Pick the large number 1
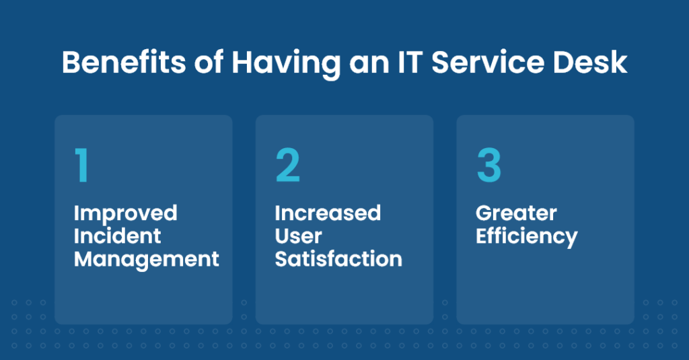click(82, 166)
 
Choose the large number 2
click(287, 166)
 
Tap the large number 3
click(489, 166)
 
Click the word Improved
click(125, 214)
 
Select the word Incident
click(118, 236)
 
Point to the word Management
click(147, 259)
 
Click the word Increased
click(328, 214)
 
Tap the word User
click(298, 236)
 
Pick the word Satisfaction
click(338, 259)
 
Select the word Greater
click(516, 214)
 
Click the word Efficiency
click(526, 237)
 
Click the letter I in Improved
click(76, 214)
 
